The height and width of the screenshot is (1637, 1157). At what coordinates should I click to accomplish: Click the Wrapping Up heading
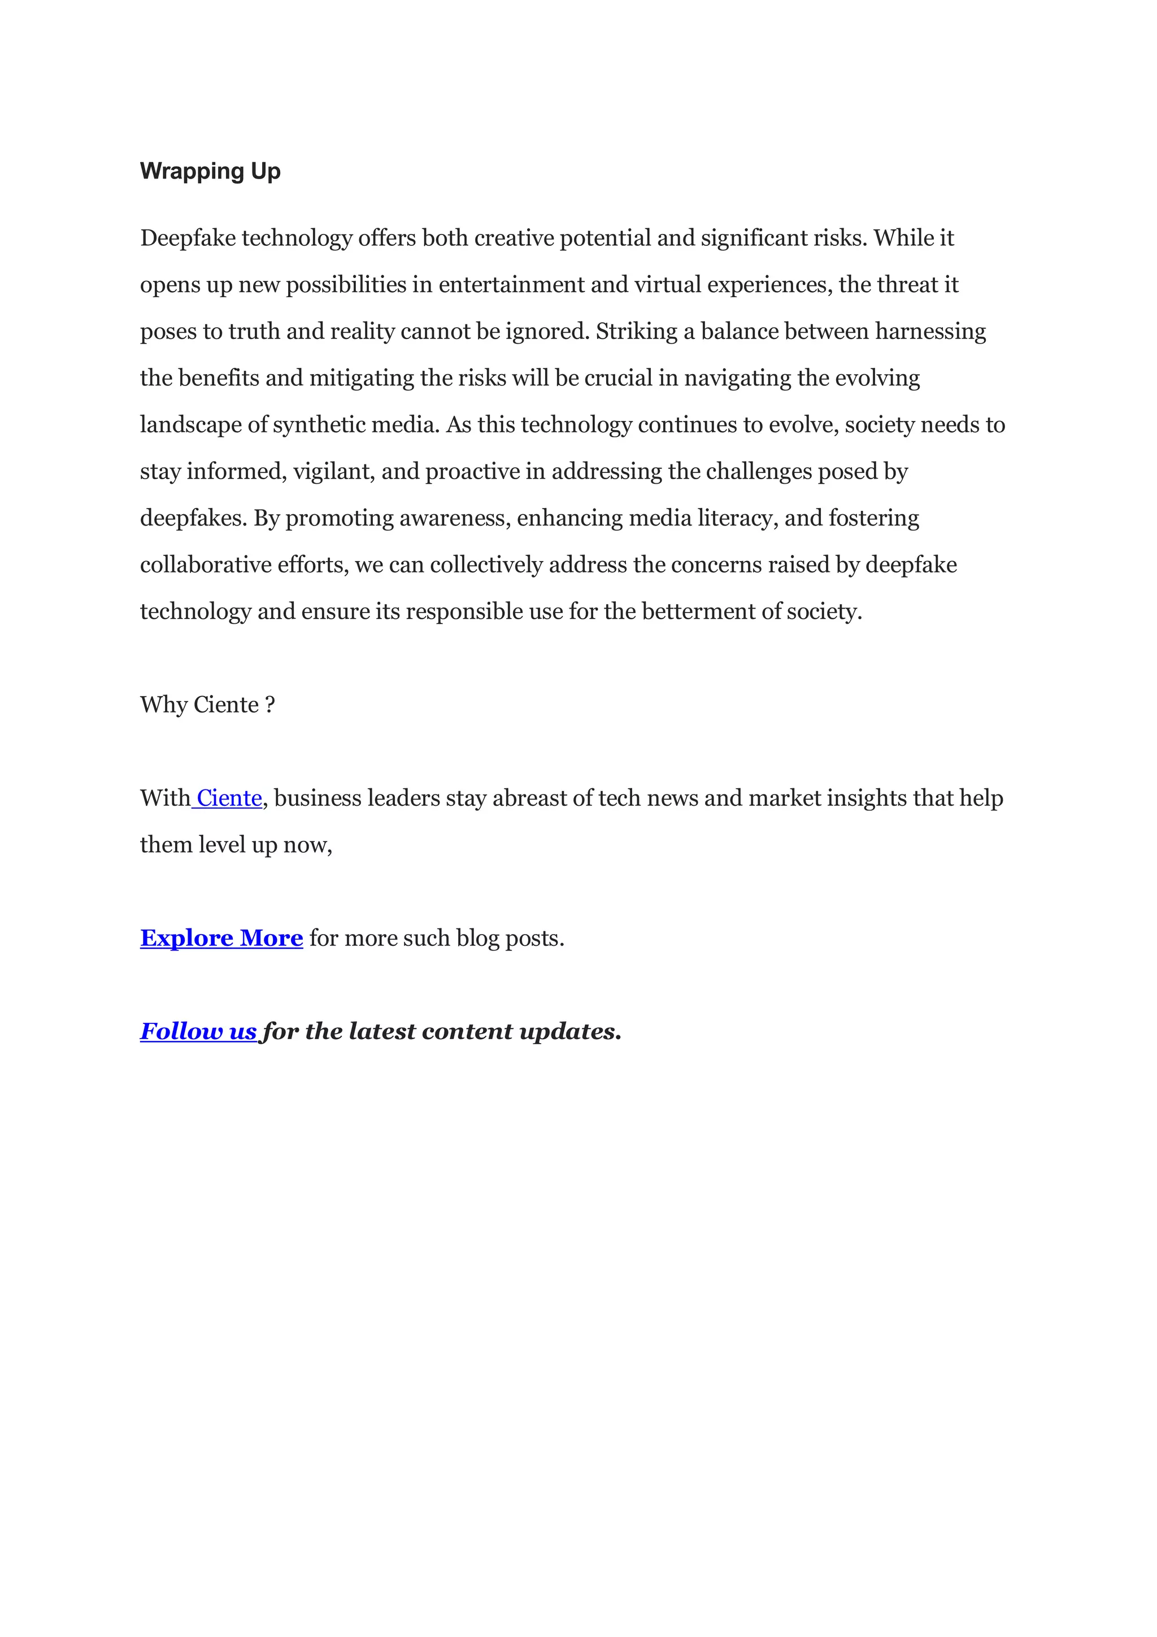210,172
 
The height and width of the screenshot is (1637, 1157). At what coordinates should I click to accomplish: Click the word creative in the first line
514,238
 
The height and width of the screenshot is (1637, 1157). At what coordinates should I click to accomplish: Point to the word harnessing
930,332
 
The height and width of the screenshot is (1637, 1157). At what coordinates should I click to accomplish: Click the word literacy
738,518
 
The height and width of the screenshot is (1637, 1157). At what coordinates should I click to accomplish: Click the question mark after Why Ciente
269,705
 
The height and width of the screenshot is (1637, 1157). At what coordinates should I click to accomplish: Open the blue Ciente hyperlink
229,798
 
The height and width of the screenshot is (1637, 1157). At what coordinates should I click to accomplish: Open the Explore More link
221,938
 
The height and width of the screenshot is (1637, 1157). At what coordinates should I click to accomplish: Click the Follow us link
198,1032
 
